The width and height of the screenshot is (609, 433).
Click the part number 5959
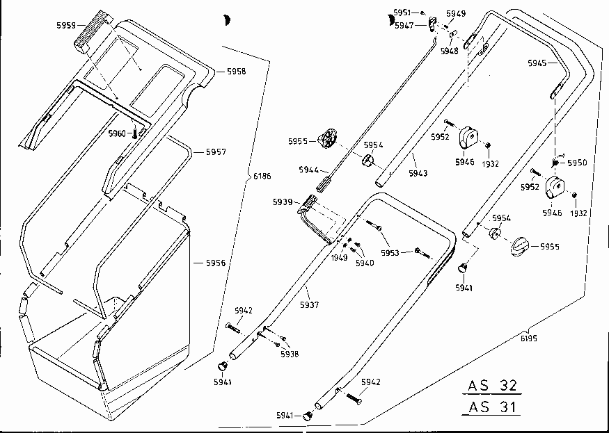66,26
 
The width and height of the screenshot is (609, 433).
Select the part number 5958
236,72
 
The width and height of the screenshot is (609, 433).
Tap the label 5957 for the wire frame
216,152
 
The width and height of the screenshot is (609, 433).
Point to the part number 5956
216,263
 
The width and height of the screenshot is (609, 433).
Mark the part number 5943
418,174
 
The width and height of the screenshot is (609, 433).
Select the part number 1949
340,257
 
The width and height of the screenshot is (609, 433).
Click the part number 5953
390,253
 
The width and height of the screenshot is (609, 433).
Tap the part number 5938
290,354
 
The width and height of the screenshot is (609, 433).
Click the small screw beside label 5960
135,134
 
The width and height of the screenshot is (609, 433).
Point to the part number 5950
577,163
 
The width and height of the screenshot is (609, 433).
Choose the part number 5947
404,26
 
